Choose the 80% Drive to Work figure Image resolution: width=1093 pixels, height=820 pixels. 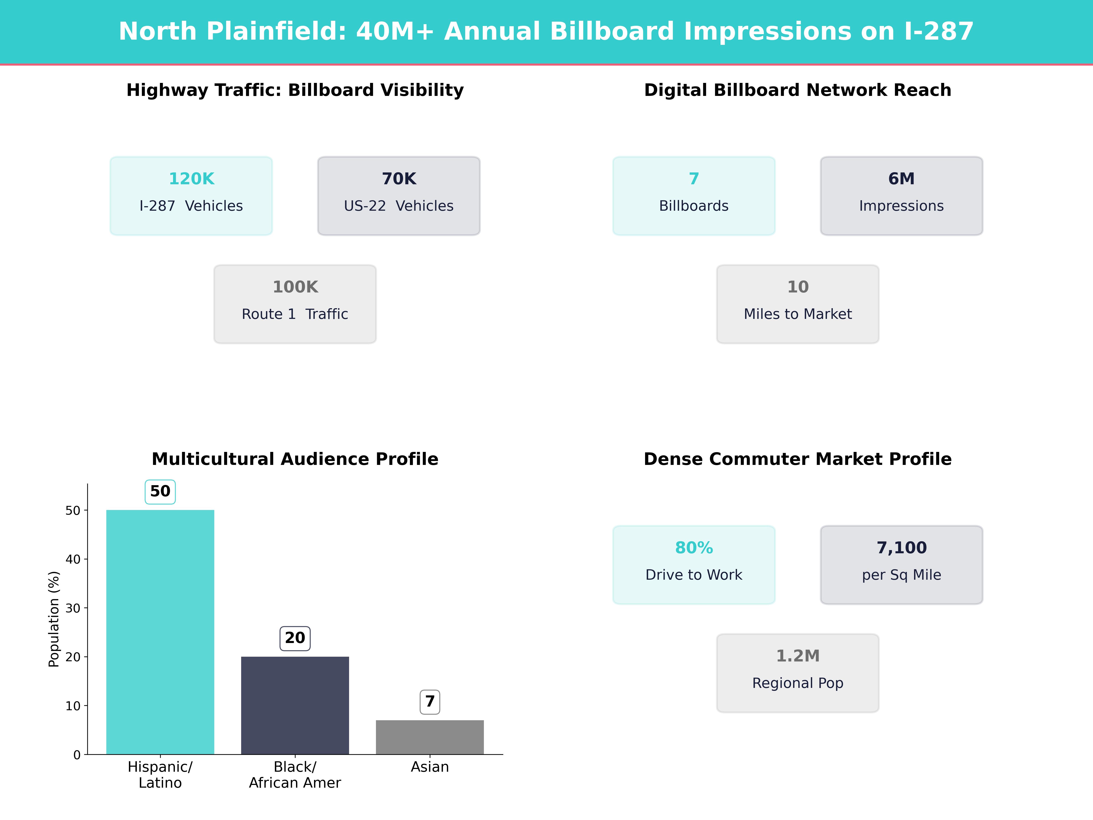694,548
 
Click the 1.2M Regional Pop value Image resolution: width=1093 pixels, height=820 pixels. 797,656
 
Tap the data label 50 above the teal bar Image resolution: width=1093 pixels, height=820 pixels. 160,491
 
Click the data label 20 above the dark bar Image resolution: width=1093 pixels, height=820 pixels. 295,638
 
